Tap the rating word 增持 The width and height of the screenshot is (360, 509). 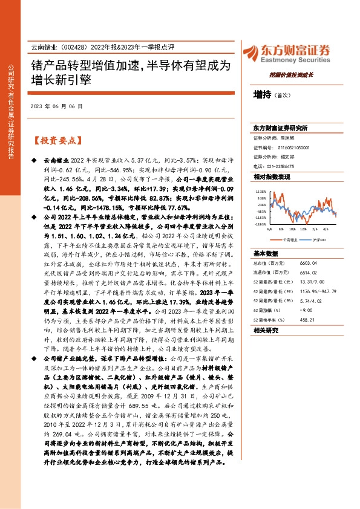point(261,95)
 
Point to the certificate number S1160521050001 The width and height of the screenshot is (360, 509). point(293,147)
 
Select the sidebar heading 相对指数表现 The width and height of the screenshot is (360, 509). point(272,177)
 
